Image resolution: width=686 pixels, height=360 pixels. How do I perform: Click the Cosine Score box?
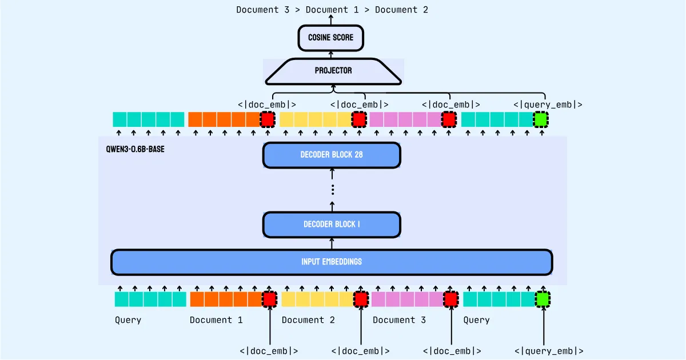(x=331, y=38)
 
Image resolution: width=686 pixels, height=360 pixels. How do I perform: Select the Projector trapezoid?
(x=333, y=71)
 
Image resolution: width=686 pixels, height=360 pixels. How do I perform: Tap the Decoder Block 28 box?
(x=332, y=155)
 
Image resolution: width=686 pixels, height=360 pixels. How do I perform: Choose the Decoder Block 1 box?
(x=332, y=225)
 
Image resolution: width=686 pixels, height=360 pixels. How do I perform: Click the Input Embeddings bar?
(x=332, y=262)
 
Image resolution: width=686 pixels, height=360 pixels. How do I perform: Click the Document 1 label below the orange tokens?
(x=216, y=320)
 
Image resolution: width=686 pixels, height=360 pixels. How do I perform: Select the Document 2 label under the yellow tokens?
(x=308, y=320)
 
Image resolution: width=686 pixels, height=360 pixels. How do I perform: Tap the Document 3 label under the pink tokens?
(x=399, y=320)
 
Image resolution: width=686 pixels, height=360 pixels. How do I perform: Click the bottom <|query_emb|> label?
(x=549, y=351)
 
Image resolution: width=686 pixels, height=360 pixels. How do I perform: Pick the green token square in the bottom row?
(x=543, y=299)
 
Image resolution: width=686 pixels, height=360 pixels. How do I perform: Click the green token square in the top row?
(x=540, y=119)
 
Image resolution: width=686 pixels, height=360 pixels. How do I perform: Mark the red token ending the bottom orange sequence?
(x=269, y=299)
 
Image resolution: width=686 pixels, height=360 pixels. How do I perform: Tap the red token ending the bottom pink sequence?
(x=451, y=299)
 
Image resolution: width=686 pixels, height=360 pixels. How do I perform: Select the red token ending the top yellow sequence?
(x=359, y=119)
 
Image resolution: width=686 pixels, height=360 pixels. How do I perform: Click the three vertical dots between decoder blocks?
(x=332, y=190)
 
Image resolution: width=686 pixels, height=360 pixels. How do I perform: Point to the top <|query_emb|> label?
(x=548, y=105)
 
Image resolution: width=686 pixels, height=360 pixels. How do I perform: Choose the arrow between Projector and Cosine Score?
(x=331, y=54)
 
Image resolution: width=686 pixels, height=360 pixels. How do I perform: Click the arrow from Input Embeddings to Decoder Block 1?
(x=332, y=243)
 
